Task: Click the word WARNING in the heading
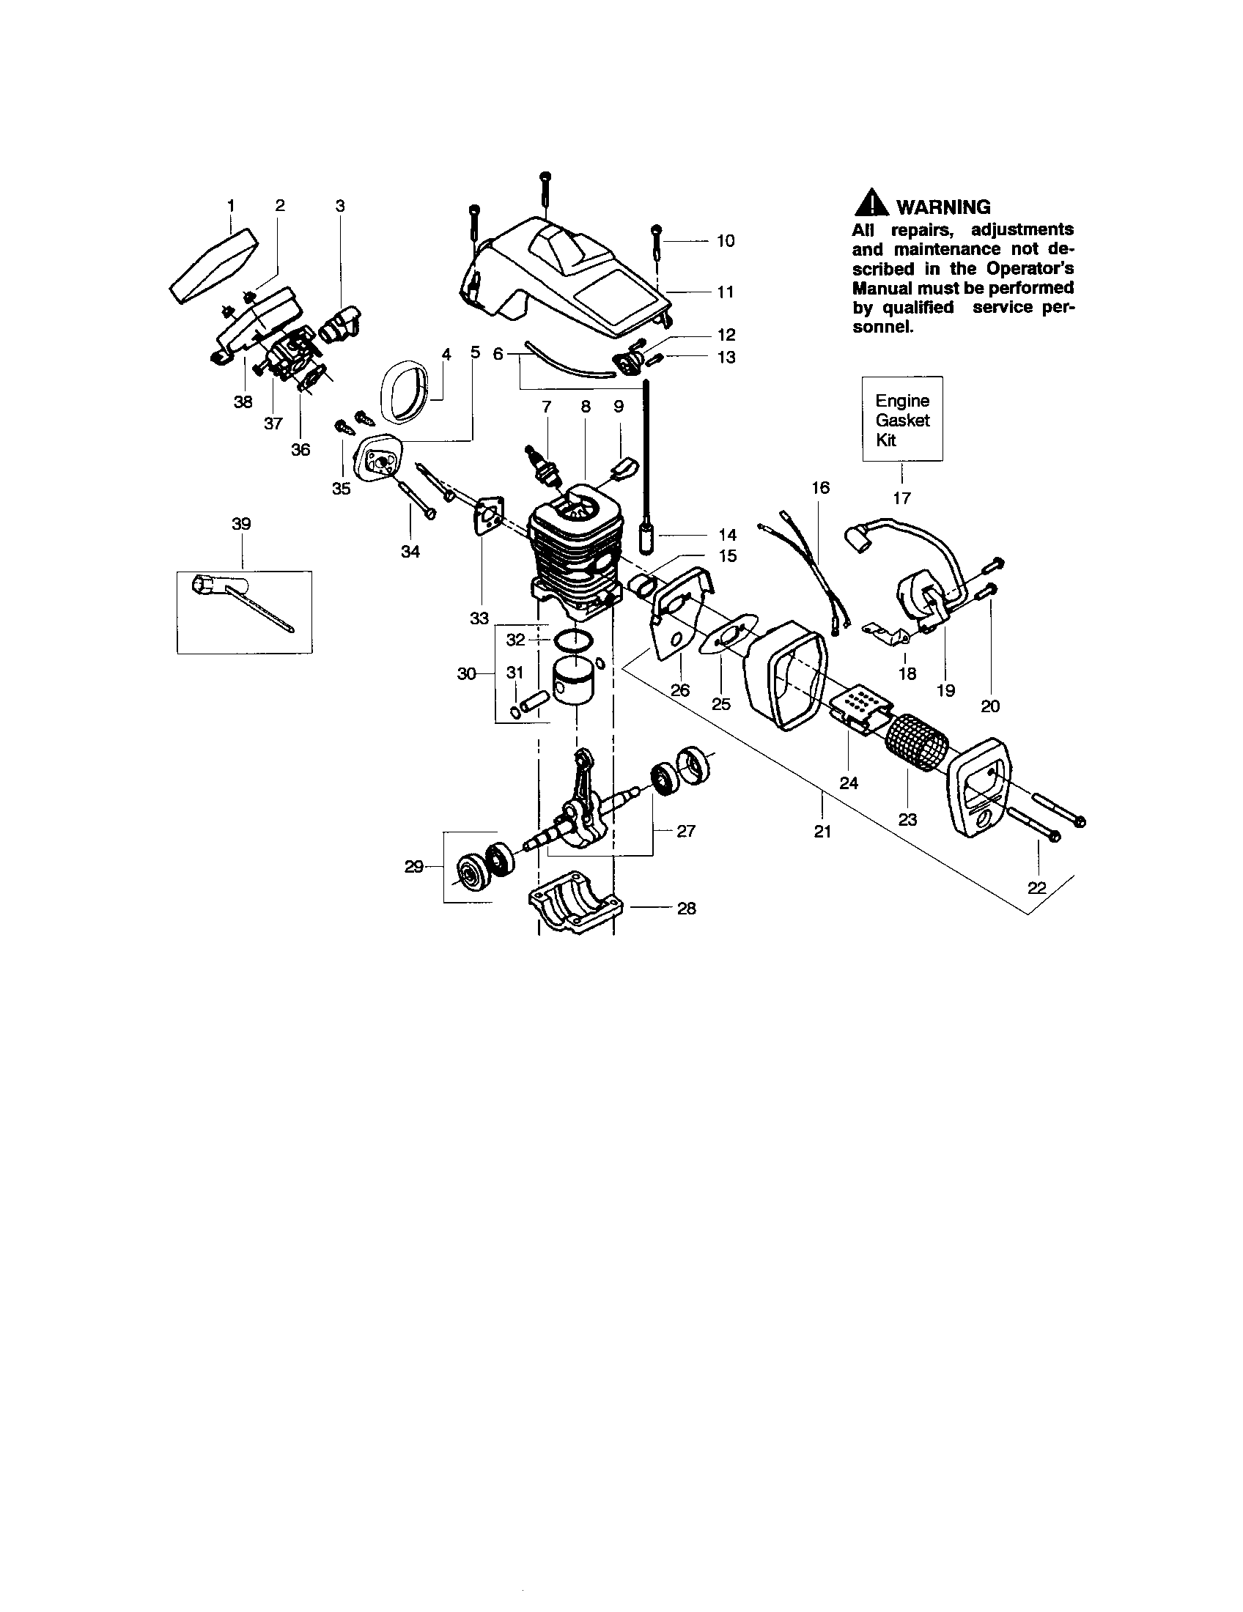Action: tap(943, 207)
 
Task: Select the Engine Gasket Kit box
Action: tap(902, 419)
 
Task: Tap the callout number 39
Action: tap(241, 524)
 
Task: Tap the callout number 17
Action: tap(901, 498)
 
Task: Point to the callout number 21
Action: tap(822, 832)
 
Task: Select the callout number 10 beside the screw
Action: tap(726, 241)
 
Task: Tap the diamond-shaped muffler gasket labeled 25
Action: tap(727, 633)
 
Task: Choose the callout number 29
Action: tap(413, 867)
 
